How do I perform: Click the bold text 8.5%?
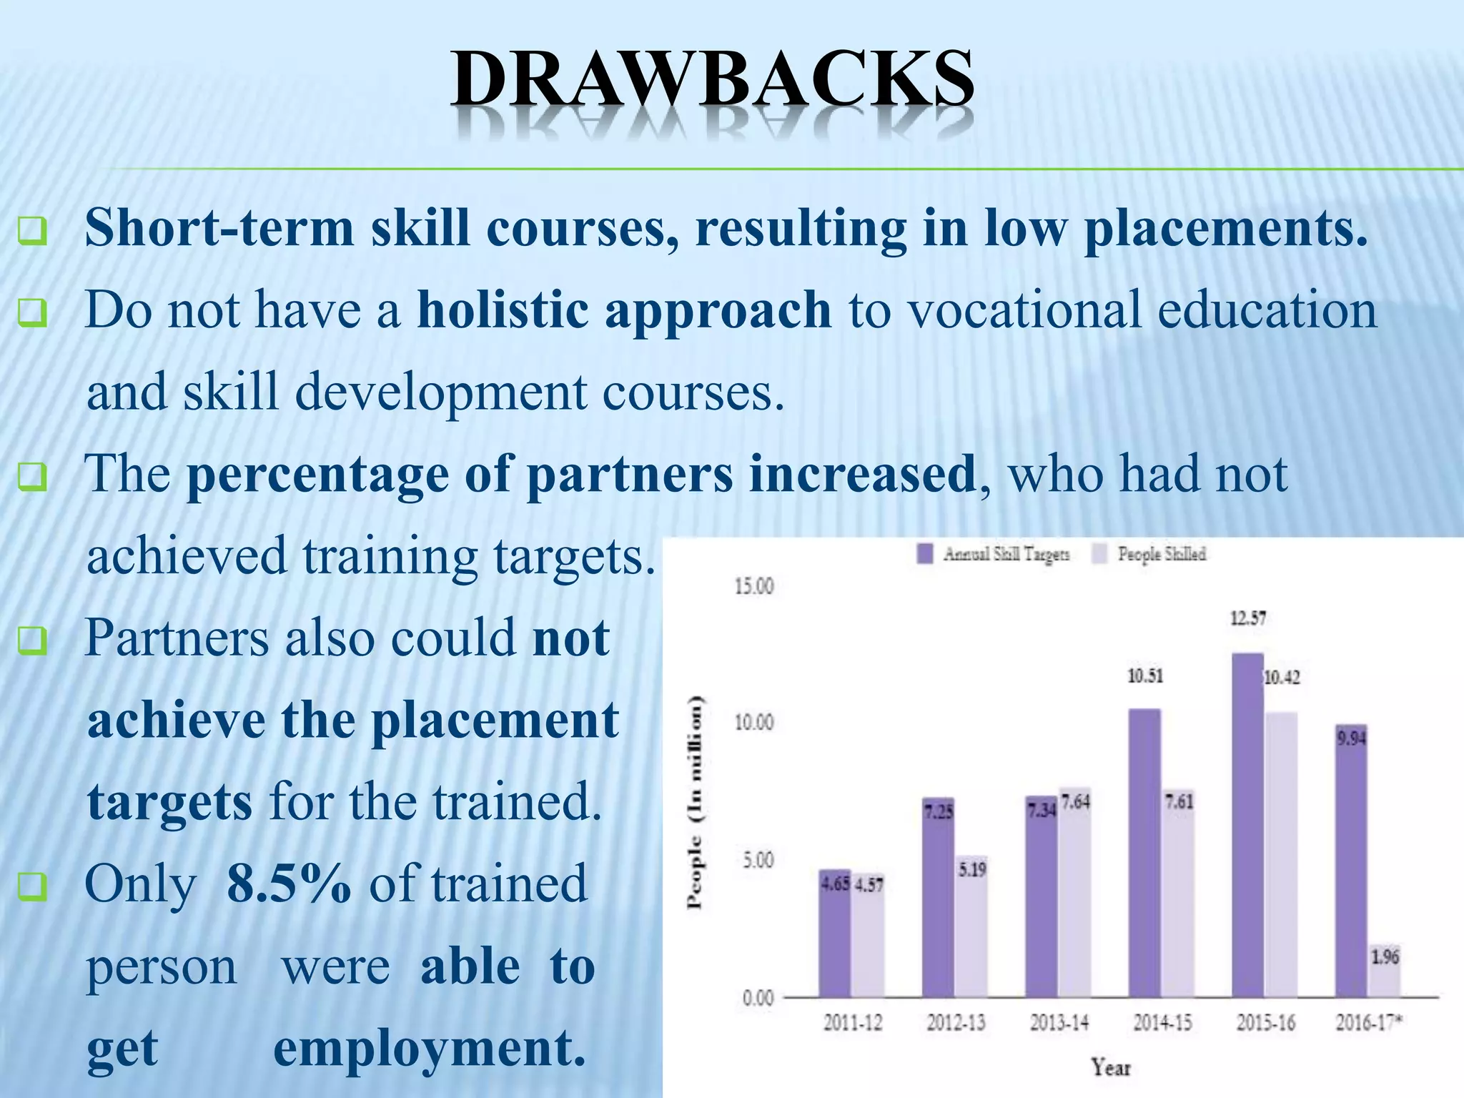[289, 884]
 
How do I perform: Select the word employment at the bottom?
[429, 1049]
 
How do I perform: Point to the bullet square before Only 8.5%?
[32, 887]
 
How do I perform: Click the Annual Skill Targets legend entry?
[994, 554]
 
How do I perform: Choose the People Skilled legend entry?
[1150, 554]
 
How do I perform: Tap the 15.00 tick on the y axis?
[754, 587]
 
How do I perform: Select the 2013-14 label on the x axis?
[1059, 1023]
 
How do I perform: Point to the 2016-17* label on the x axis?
[1368, 1023]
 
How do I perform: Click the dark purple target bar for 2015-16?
[1247, 825]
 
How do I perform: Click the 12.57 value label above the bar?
[1247, 618]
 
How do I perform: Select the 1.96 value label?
[1385, 956]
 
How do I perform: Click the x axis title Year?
[1111, 1068]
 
